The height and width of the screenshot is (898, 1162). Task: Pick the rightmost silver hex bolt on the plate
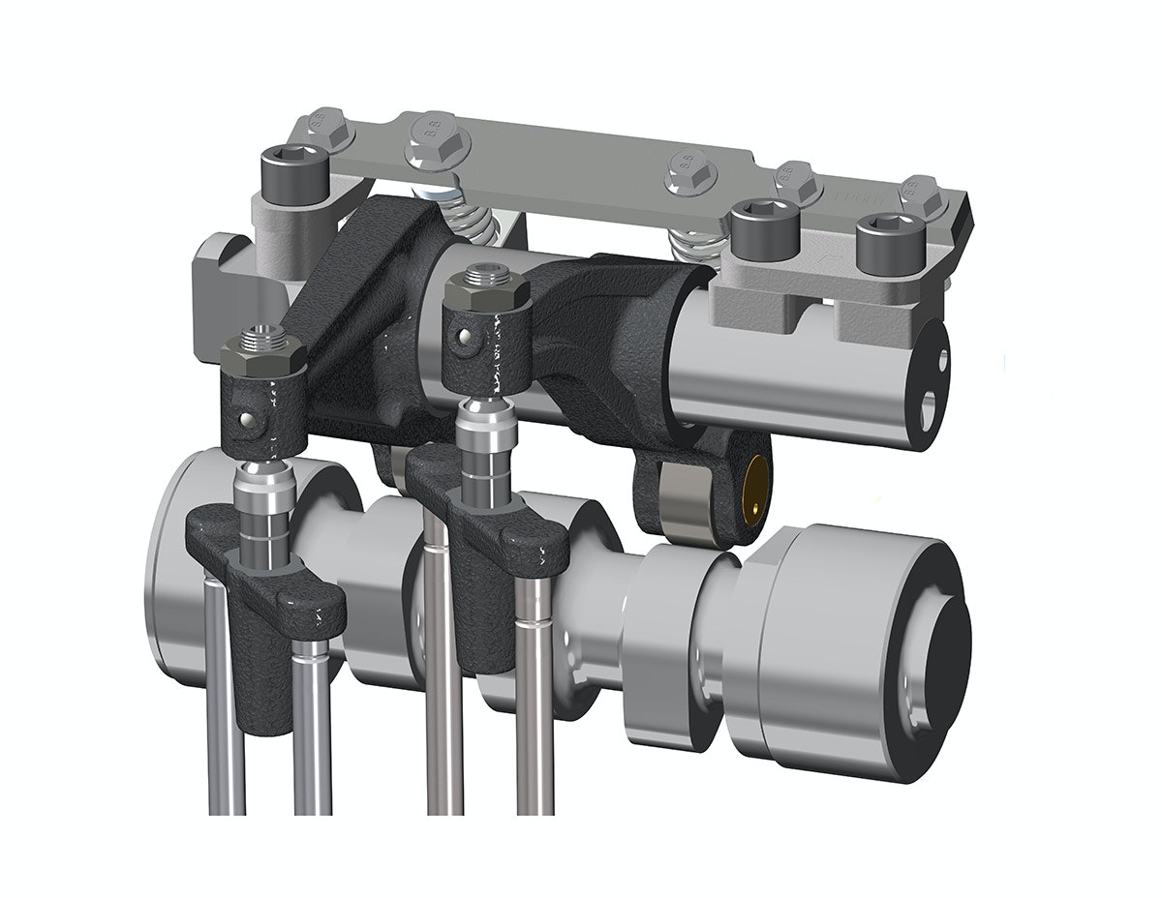click(x=921, y=196)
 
